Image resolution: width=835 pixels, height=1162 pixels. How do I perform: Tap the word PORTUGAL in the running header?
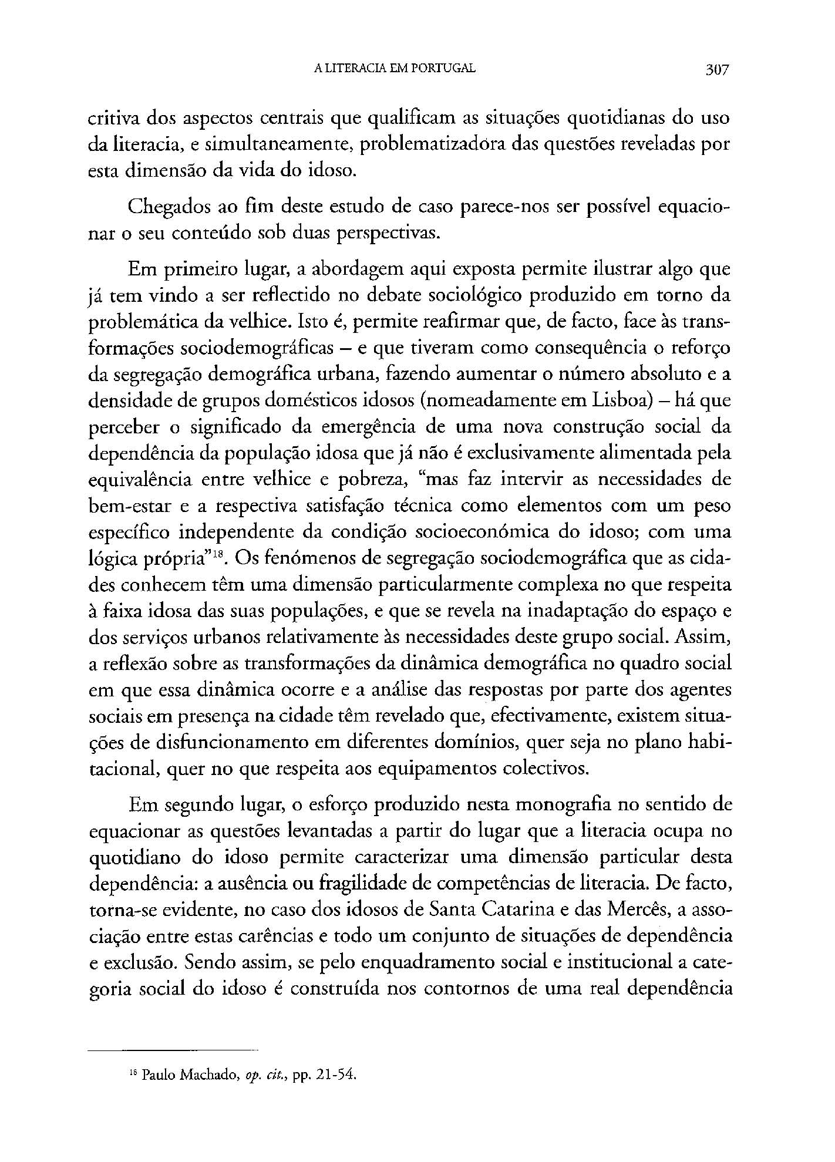click(439, 69)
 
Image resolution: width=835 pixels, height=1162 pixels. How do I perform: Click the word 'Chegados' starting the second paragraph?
click(166, 207)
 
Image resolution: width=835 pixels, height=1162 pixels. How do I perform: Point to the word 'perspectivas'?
click(388, 234)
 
